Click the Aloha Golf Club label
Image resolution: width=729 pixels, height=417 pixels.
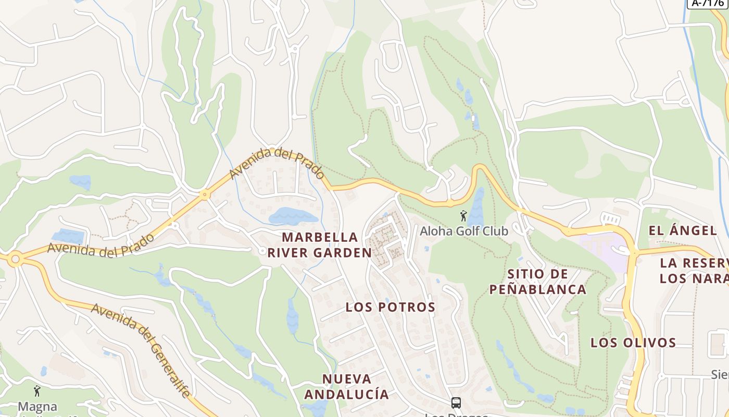tap(464, 230)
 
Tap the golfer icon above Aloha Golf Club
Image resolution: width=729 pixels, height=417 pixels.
tap(463, 215)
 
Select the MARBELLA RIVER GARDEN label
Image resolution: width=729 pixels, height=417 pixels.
tap(320, 245)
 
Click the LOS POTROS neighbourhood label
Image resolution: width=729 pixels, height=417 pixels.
tap(391, 307)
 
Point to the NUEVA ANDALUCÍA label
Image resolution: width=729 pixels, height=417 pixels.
tap(346, 386)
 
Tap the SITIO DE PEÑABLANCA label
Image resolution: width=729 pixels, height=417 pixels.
tap(538, 281)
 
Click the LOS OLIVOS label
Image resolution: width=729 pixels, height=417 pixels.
tap(633, 342)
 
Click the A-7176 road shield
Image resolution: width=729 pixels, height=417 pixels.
tap(708, 3)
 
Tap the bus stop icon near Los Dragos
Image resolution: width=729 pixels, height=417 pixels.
tap(456, 402)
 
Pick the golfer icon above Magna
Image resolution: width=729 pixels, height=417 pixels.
tap(37, 390)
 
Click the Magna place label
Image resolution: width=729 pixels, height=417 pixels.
tap(37, 407)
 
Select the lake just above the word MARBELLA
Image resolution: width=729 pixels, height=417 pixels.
tap(292, 215)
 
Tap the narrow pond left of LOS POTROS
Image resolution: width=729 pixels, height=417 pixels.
tap(292, 316)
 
